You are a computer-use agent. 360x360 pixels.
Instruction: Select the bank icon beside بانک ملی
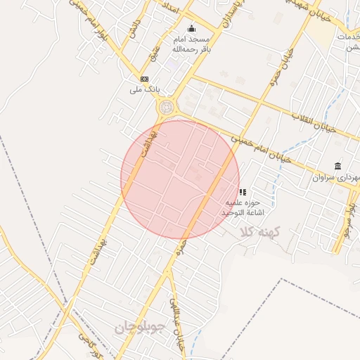pos(144,79)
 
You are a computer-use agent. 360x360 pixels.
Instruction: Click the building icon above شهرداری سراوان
pos(338,166)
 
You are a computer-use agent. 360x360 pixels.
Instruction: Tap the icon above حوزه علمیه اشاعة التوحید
pos(243,191)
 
